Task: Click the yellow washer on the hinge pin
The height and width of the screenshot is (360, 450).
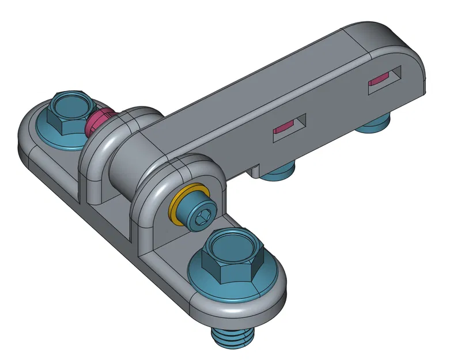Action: [180, 205]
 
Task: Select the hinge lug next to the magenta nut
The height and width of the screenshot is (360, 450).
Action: [95, 167]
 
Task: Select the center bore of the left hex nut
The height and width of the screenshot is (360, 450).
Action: [70, 103]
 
